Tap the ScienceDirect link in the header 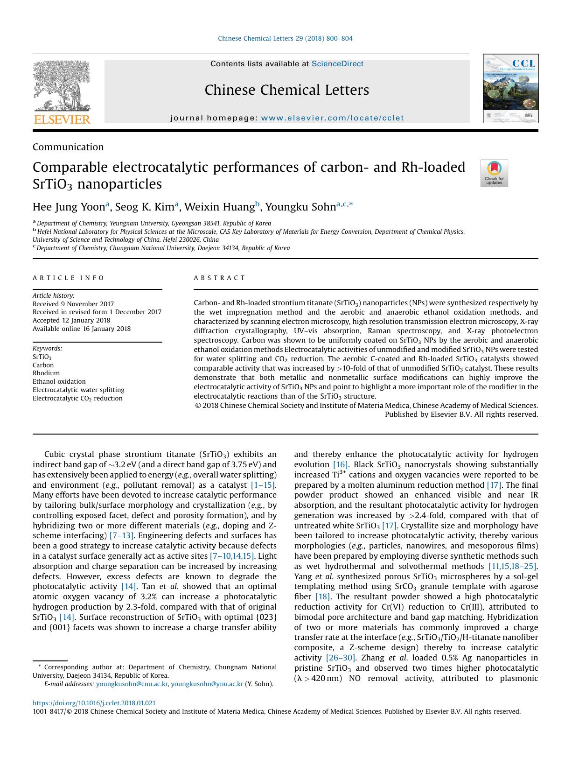[337, 64]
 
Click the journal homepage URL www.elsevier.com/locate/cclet [332, 118]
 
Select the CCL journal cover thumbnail [510, 89]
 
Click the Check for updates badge [494, 173]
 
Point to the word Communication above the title [68, 147]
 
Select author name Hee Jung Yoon [69, 207]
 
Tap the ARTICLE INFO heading [69, 278]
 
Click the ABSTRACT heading [219, 278]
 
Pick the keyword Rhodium [46, 373]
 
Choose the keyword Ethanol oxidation [59, 381]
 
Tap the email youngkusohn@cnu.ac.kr [132, 684]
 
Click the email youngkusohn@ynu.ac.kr [207, 684]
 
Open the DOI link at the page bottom [94, 703]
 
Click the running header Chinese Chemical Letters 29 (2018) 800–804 [285, 38]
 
